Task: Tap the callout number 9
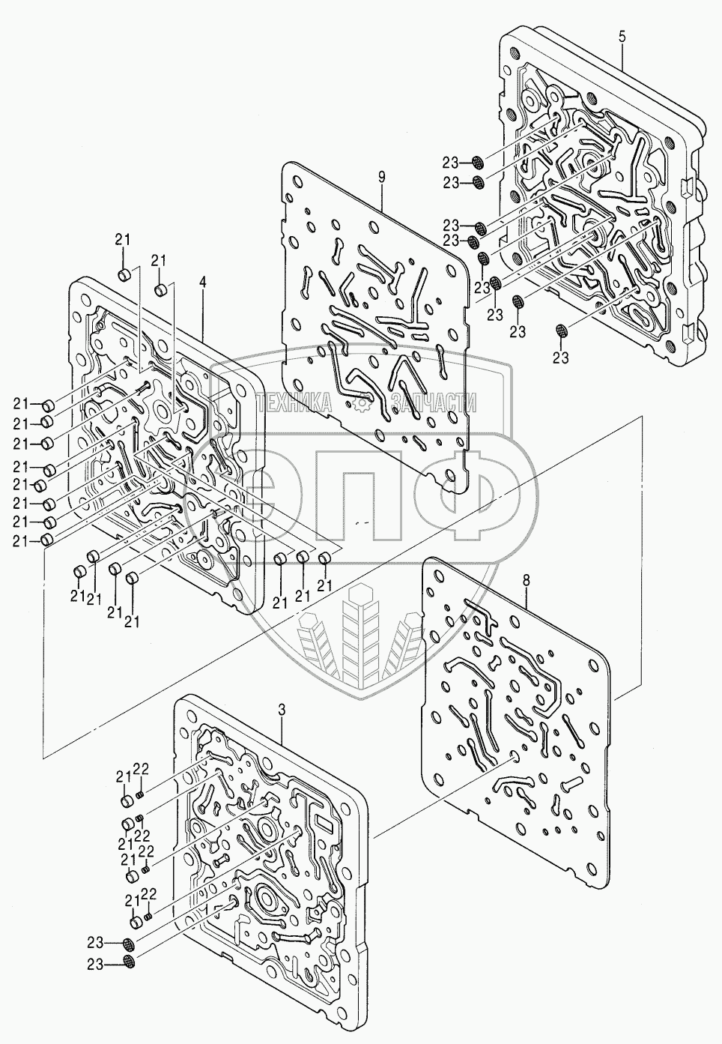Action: click(x=381, y=177)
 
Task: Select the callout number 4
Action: click(x=203, y=284)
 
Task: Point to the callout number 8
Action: click(x=526, y=580)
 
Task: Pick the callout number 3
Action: click(x=282, y=709)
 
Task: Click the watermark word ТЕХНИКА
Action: click(x=294, y=405)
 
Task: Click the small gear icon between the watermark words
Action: click(x=363, y=405)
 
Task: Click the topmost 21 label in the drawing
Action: click(x=122, y=239)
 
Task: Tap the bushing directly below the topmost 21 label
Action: click(x=125, y=273)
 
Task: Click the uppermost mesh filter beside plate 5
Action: click(x=477, y=162)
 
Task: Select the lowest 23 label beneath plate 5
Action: click(x=562, y=358)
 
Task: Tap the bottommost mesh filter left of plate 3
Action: click(x=129, y=962)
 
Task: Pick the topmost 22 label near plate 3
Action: click(x=142, y=768)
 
